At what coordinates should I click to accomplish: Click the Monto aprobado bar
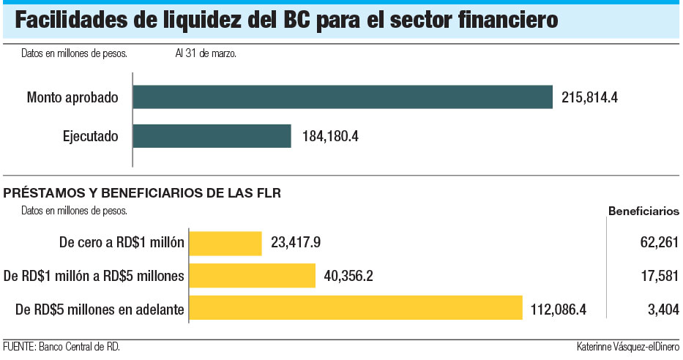coord(343,97)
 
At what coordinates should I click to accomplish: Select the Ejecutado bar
coord(212,136)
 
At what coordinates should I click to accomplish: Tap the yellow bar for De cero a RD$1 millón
coord(225,243)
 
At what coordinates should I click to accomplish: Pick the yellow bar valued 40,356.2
coord(253,276)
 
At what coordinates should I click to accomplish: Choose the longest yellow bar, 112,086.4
coord(356,308)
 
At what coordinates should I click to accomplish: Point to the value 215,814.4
coord(590,97)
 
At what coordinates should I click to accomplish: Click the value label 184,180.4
coord(329,136)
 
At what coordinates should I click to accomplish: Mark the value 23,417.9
coord(297,243)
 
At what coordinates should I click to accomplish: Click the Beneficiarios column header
coord(643,211)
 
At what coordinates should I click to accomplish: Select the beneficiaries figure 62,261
coord(657,243)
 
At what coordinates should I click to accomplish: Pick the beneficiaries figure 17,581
coord(657,276)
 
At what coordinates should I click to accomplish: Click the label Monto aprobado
coord(72,97)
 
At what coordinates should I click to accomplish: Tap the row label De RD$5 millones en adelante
coord(99,309)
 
